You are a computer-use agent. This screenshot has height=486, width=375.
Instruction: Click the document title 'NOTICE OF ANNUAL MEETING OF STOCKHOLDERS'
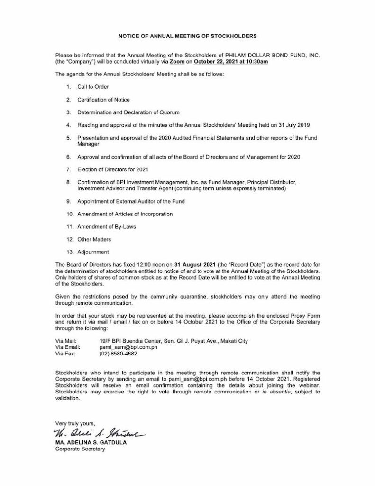tap(187, 36)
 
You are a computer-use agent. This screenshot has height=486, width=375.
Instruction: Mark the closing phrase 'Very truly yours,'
tap(75, 423)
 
